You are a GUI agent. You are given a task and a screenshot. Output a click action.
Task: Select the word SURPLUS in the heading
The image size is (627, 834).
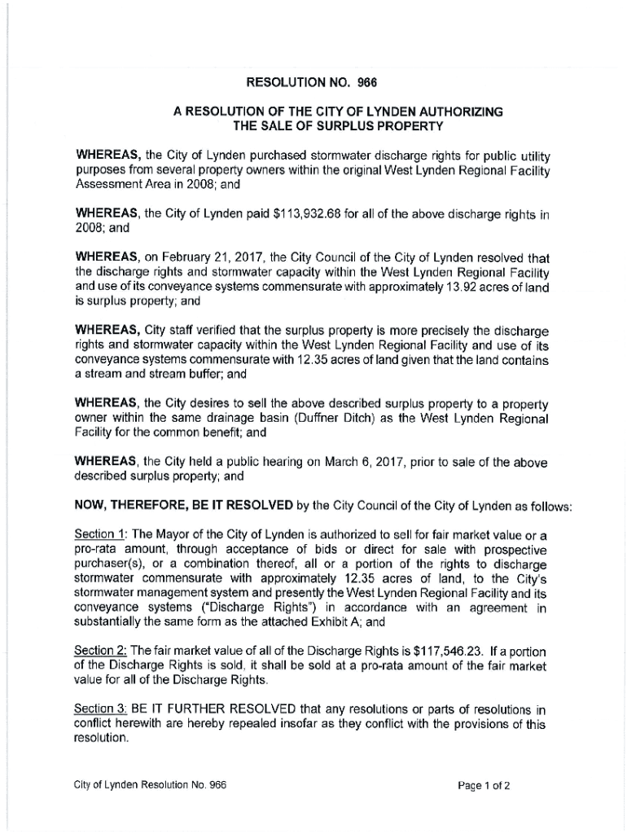tap(334, 125)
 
